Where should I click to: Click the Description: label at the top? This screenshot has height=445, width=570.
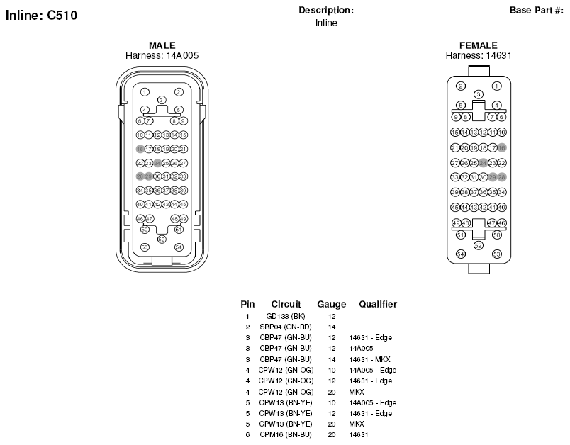[326, 10]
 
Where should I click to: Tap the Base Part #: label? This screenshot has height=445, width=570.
[536, 10]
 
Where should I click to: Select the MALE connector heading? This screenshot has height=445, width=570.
[162, 45]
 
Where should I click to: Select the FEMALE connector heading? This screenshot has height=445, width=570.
[479, 45]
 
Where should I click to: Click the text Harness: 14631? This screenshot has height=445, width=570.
[479, 55]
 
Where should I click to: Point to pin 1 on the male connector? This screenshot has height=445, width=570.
[145, 91]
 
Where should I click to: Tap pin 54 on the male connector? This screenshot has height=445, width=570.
[179, 247]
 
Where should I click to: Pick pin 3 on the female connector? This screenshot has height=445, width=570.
[479, 94]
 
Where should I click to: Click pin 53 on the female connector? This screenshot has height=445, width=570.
[496, 254]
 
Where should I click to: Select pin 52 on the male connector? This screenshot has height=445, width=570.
[162, 240]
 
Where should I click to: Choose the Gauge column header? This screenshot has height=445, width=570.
[331, 304]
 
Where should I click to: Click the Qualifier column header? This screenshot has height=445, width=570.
[378, 304]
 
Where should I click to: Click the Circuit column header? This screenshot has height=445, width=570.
[286, 304]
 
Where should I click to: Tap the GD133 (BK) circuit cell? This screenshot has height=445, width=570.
[286, 316]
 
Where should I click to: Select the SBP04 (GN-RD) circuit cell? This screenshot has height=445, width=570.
[286, 327]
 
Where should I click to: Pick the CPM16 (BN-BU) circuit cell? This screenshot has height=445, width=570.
[286, 434]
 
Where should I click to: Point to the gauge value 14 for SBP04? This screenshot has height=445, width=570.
[331, 327]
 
